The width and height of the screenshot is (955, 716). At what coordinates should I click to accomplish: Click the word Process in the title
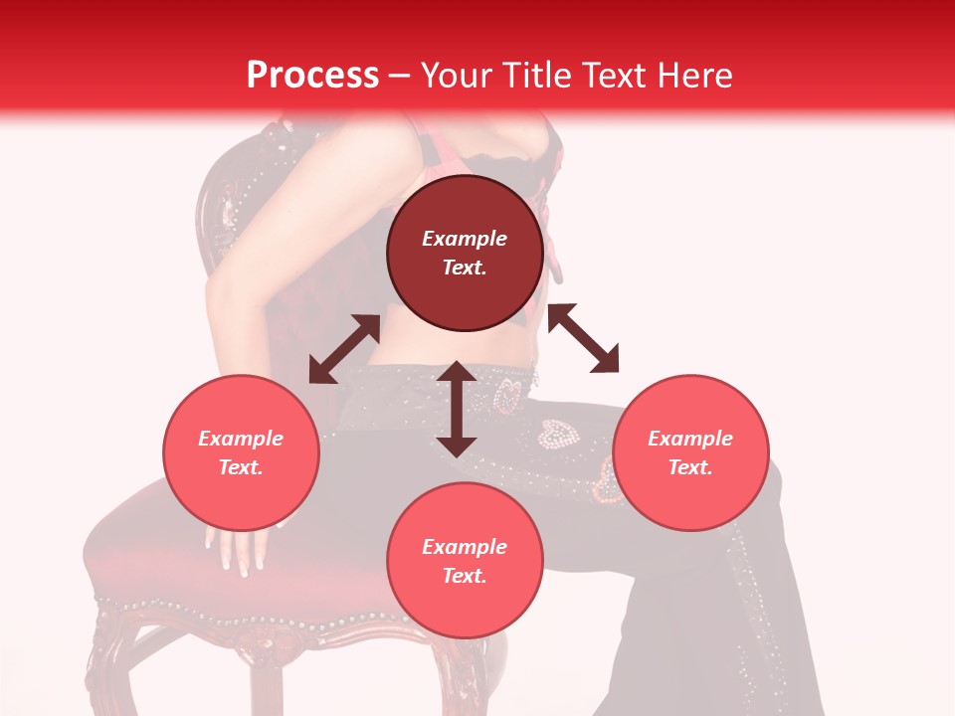click(x=312, y=76)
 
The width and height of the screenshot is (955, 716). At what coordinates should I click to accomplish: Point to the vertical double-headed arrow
click(x=457, y=409)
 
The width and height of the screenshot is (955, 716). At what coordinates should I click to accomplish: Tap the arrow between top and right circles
click(x=584, y=338)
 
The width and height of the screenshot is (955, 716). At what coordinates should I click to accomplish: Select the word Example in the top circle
click(x=465, y=239)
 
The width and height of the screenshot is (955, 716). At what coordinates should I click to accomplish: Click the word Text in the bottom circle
click(x=465, y=576)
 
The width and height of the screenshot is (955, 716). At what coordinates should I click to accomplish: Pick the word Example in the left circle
click(x=241, y=439)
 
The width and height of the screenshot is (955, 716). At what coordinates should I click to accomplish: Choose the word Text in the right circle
click(x=690, y=467)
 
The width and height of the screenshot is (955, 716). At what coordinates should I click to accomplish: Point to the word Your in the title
click(x=455, y=76)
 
